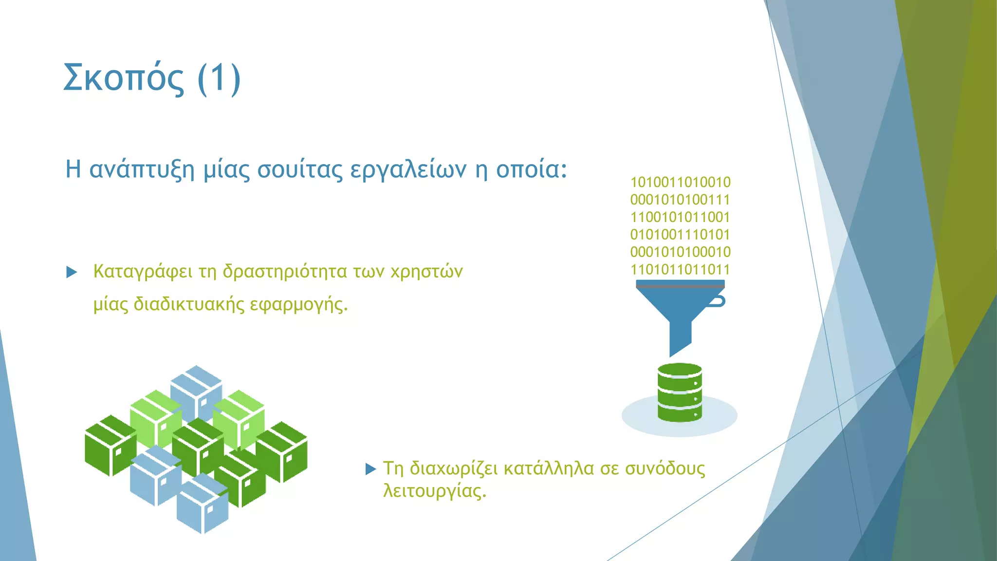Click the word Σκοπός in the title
pos(124,78)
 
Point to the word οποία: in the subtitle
pos(531,169)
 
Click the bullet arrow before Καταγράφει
pos(72,272)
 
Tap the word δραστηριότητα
pos(284,272)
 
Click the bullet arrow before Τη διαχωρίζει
pos(370,469)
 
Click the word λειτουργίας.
pos(435,491)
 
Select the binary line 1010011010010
pos(680,183)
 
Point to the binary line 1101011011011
pos(680,270)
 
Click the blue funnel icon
pos(680,312)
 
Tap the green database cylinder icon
pos(680,393)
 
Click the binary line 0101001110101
pos(680,235)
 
